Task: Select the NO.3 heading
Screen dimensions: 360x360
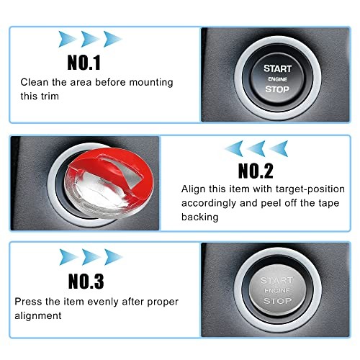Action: click(x=86, y=280)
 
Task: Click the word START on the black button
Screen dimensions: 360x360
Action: click(x=277, y=68)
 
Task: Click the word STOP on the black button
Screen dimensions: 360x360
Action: click(x=277, y=90)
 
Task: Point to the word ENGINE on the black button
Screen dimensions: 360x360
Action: click(x=277, y=79)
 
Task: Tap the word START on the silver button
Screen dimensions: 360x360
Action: click(x=276, y=280)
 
